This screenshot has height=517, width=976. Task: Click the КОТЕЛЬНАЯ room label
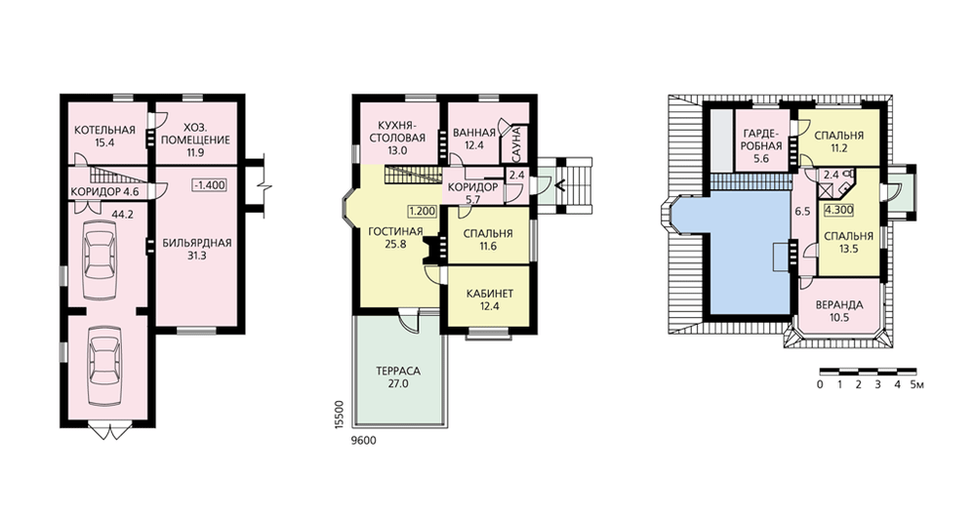pos(104,130)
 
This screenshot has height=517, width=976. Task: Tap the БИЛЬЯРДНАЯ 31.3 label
pos(197,249)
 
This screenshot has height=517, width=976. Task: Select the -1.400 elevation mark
pos(209,184)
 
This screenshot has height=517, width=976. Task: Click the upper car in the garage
pos(99,255)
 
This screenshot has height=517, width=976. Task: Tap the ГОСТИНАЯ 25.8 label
pos(395,238)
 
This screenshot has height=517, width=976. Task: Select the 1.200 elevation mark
pos(422,212)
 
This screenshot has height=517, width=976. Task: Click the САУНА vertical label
pos(516,143)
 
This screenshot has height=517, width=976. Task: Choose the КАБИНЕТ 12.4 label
pos(490,299)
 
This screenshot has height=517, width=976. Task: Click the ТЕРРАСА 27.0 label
pos(398,377)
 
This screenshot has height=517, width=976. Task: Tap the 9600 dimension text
pos(363,441)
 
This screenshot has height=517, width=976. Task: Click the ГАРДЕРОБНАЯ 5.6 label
pos(761,145)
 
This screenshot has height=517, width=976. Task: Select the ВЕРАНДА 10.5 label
pos(839,311)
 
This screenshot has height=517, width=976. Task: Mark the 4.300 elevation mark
pos(838,211)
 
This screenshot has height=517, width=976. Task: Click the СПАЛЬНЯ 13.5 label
pos(848,242)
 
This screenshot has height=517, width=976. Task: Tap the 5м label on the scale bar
pos(916,384)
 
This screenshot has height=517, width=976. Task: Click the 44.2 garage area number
pos(122,215)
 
